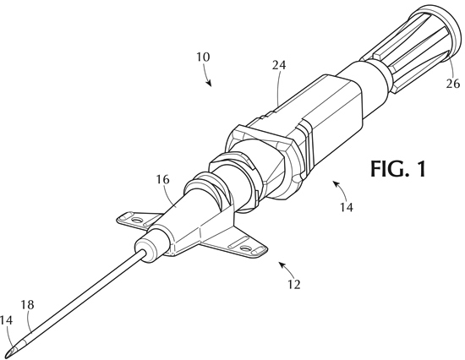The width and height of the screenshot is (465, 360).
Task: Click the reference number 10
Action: coord(203,57)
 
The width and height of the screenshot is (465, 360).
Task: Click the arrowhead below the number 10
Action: coord(210,84)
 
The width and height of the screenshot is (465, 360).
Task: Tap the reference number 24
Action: coord(279,65)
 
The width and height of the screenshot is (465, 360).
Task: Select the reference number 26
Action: coord(453,84)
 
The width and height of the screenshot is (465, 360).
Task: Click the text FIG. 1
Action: coord(398,169)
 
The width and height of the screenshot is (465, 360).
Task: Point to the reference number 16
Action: coord(163,179)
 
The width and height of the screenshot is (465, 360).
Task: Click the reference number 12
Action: coord(294,285)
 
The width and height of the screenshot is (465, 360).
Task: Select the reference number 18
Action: coord(27,304)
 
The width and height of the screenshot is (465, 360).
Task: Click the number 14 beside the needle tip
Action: coord(7,320)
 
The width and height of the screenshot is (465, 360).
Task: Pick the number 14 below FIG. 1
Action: coord(347,207)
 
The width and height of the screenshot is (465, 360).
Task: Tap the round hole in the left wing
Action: coord(137,221)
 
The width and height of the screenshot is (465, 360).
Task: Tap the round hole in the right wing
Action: coord(245,248)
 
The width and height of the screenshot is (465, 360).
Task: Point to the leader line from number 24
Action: coord(277,88)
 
